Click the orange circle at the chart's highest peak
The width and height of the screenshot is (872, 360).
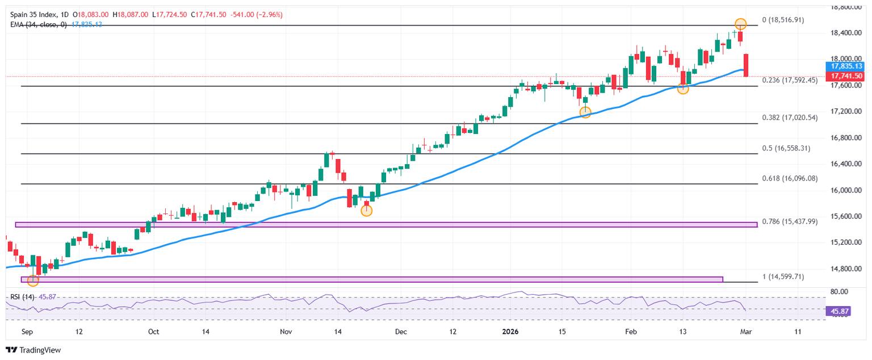point(740,24)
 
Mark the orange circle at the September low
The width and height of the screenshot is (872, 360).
point(33,281)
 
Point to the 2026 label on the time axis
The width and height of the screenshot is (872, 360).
point(510,332)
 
